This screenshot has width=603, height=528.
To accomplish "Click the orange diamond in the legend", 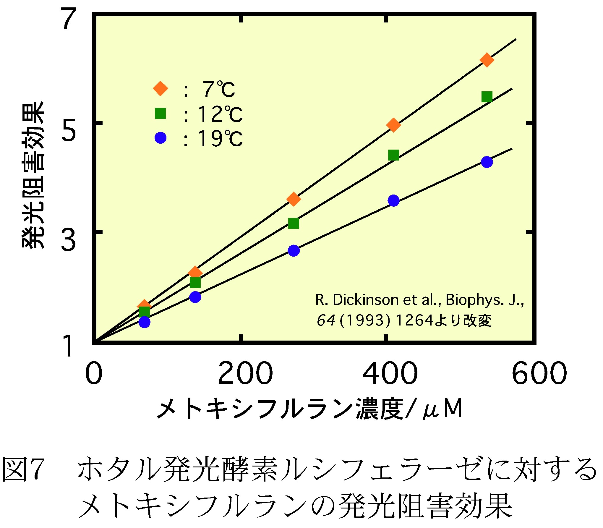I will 161,88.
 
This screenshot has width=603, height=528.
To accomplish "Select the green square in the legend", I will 161,113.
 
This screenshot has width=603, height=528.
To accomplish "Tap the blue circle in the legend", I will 161,137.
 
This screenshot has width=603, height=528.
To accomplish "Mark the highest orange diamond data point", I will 487,60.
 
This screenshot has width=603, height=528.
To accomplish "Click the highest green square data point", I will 487,97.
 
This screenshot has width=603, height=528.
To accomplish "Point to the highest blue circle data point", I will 487,162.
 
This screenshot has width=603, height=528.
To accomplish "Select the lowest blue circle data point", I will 144,322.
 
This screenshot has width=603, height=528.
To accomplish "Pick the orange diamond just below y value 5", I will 393,125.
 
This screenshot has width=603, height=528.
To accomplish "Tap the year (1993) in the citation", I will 365,320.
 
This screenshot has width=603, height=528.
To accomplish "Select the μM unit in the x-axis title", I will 442,409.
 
